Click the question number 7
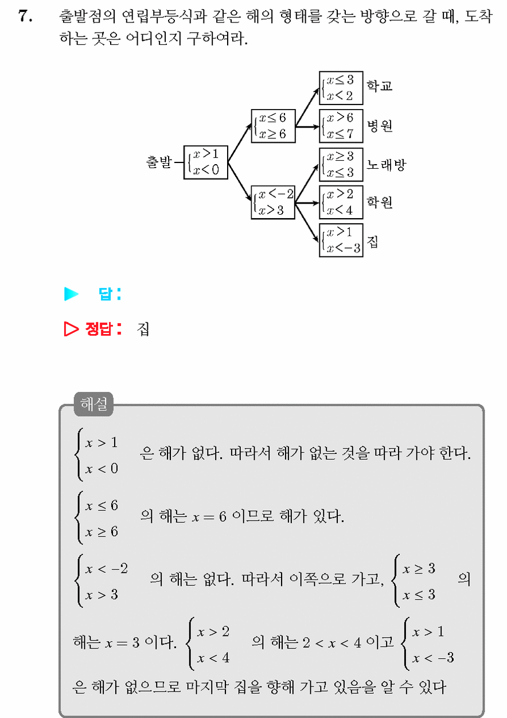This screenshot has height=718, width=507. coord(25,15)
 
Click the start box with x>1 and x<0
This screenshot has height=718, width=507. coord(206,162)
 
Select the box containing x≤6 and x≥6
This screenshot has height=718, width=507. coord(273,126)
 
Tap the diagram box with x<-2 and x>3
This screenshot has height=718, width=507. coord(273,202)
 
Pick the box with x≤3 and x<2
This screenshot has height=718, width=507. coord(341,88)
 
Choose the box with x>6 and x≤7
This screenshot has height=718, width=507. coord(341,126)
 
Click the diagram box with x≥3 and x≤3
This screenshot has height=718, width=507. coord(341,165)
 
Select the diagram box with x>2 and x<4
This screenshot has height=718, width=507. coord(341,202)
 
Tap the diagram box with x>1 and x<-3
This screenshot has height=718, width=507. coord(341,240)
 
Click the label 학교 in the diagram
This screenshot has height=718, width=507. coord(380,86)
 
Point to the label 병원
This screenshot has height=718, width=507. coord(380,126)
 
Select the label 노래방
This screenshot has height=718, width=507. coord(386,165)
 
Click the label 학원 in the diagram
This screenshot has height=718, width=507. coord(380,202)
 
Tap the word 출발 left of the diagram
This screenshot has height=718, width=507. coord(159,161)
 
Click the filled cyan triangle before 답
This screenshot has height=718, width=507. coord(71,294)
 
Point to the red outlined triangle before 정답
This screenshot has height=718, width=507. coord(71,328)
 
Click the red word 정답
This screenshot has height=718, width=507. coord(99,328)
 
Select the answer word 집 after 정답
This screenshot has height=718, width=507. coord(143,329)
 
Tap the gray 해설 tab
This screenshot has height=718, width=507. coord(93,404)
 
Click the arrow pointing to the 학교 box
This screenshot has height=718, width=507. coord(307,107)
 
